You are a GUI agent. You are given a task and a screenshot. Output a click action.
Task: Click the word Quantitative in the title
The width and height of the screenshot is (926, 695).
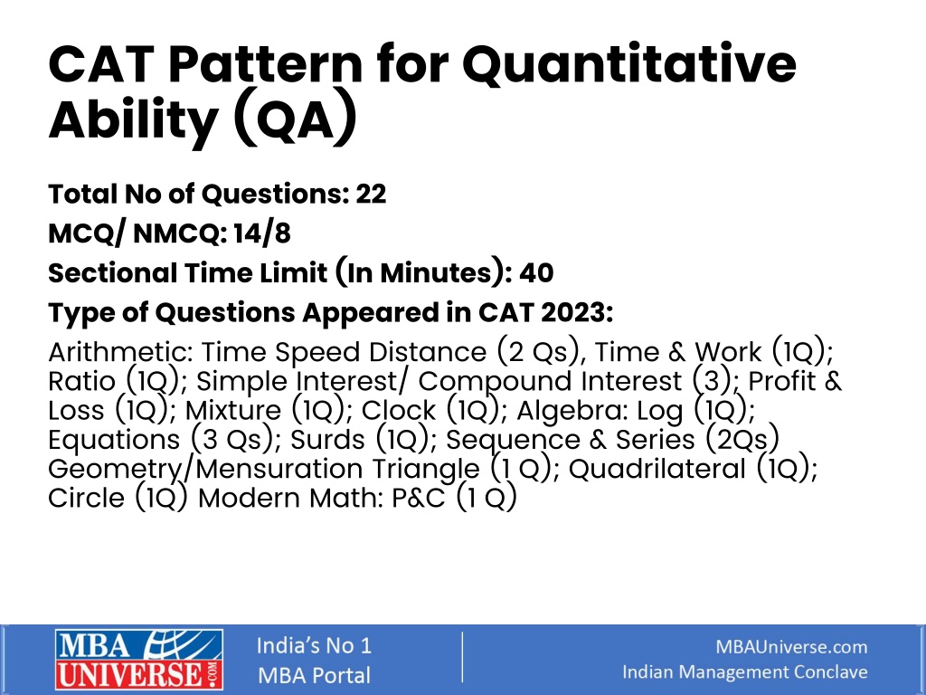[x=629, y=64]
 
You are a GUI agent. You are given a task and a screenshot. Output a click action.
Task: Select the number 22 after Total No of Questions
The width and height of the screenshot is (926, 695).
[x=371, y=194]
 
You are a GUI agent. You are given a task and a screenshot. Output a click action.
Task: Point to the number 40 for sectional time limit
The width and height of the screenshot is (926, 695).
[x=536, y=273]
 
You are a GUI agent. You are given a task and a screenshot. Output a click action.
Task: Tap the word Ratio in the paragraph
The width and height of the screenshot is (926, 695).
[x=81, y=381]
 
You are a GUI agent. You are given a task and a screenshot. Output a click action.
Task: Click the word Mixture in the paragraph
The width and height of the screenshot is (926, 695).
[x=233, y=410]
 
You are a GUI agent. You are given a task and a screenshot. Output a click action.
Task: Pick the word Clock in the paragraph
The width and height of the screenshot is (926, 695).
[x=399, y=410]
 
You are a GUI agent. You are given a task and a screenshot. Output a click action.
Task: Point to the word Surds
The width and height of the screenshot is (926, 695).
[x=327, y=440]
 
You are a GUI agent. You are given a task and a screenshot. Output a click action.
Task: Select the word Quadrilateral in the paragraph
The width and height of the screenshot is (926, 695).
[x=657, y=469]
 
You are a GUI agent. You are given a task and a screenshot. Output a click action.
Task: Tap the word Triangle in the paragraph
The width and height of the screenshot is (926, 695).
[x=426, y=470]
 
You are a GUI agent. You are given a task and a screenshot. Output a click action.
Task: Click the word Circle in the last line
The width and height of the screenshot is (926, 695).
[x=86, y=498]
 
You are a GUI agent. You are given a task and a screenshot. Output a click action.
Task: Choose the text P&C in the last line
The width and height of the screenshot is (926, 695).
[x=418, y=499]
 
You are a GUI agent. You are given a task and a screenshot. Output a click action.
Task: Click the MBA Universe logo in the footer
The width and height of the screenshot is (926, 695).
[x=139, y=660]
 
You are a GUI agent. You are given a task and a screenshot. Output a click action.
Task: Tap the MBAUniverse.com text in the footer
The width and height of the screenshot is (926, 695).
[x=791, y=646]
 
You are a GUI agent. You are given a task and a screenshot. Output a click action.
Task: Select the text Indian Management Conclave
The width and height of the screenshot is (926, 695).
[x=745, y=672]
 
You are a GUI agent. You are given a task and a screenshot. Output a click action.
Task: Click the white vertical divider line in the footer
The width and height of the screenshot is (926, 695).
[x=462, y=657]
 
